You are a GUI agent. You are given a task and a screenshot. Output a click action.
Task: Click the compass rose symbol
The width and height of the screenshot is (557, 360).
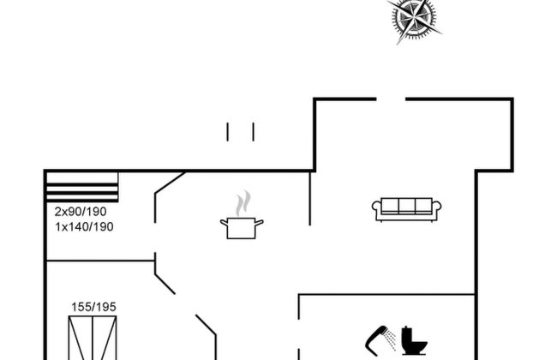click(x=414, y=17)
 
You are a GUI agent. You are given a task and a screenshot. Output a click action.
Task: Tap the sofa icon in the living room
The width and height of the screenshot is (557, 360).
click(x=406, y=208)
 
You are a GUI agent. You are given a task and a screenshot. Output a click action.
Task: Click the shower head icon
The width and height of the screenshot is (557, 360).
click(x=375, y=338)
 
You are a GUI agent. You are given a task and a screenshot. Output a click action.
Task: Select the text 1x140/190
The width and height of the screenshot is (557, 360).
click(x=84, y=227)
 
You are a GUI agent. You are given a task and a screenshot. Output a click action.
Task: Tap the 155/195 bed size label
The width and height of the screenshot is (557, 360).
click(x=93, y=306)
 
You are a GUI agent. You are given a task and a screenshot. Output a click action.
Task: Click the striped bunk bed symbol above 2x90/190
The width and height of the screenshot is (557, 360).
click(x=81, y=187)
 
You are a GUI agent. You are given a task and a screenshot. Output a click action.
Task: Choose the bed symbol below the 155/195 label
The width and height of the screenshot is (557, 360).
click(x=93, y=338)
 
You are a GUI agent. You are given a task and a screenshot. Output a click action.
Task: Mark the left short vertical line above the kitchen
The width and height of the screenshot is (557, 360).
click(x=228, y=131)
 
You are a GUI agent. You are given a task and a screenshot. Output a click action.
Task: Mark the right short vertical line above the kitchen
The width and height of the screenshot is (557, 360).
click(x=254, y=131)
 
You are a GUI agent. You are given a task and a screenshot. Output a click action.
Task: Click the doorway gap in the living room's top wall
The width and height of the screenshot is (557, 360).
click(x=390, y=99)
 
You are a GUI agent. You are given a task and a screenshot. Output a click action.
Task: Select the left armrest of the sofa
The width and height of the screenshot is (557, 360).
click(x=376, y=209)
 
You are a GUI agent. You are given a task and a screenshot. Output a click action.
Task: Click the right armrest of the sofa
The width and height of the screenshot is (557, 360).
click(x=437, y=209)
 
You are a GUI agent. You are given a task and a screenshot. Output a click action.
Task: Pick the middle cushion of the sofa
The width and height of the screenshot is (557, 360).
click(x=406, y=206)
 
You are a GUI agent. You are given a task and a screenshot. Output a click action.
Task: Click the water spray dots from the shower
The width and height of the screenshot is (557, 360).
click(x=391, y=339)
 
